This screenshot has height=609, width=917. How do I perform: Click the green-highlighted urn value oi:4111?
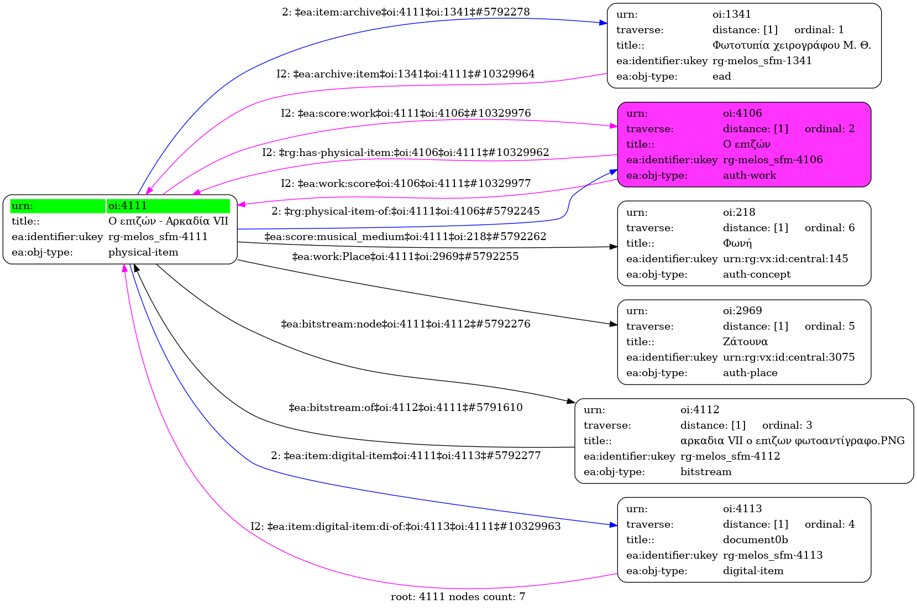tap(128, 206)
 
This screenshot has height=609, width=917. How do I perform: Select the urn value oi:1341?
tap(731, 14)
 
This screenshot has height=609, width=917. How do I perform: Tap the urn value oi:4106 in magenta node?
tap(742, 113)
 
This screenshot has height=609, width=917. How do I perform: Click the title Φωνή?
tap(737, 243)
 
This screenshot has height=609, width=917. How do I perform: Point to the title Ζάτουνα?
tap(745, 342)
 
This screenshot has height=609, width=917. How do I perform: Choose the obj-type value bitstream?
tap(705, 472)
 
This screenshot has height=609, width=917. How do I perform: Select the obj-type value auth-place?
tap(750, 373)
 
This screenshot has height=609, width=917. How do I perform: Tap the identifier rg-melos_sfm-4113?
tap(773, 555)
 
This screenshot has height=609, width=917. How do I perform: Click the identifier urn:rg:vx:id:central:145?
tap(785, 259)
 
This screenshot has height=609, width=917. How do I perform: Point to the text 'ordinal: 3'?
tap(787, 425)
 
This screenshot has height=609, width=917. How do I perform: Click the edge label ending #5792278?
tap(406, 12)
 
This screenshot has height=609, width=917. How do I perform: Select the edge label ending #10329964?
tap(405, 74)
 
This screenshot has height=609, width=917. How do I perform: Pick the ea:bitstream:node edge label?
tap(405, 324)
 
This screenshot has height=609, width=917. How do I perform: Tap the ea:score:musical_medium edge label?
tap(405, 237)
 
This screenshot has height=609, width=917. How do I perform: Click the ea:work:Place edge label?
tap(405, 257)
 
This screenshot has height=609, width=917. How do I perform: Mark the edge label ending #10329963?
tap(405, 526)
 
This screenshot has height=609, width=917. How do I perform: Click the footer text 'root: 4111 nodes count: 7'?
tap(458, 597)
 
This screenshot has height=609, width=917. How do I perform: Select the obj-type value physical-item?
tap(143, 252)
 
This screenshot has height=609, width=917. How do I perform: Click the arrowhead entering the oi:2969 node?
tap(614, 324)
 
